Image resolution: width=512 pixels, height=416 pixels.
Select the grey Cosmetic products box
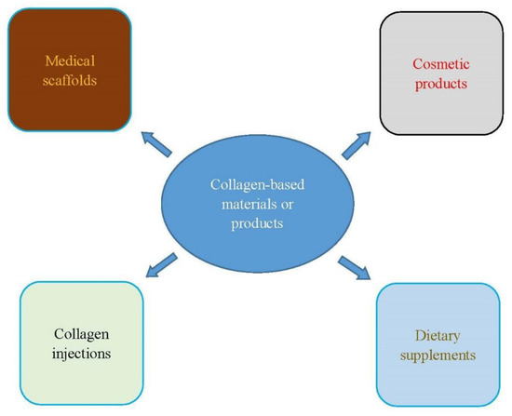442,69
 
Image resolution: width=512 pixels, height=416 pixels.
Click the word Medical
70,61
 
